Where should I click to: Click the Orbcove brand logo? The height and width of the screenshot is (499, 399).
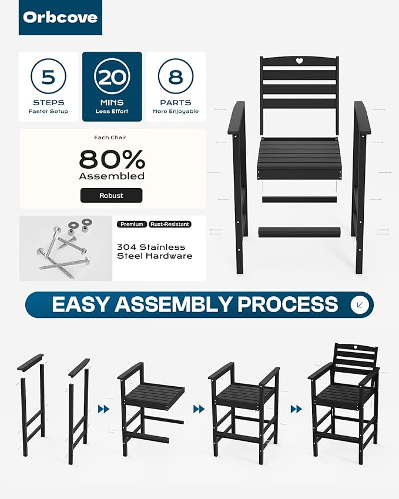coord(61,18)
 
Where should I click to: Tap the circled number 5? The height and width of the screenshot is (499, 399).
coord(48,76)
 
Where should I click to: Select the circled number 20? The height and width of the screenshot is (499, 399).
coord(112,76)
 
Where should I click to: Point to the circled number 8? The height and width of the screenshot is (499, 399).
coord(176,76)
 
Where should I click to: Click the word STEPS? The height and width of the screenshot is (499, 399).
coord(48,102)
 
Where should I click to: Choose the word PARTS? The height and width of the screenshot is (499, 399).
coord(176,102)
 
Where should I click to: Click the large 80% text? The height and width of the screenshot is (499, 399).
coord(112,159)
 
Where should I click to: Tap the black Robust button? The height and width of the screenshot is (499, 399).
coord(112,195)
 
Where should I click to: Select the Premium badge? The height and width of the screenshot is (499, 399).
coord(132,225)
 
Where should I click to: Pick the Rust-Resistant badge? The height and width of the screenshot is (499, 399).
coord(170,225)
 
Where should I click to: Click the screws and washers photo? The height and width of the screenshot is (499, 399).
coord(66,248)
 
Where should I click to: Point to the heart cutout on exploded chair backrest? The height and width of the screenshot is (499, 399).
coord(299,61)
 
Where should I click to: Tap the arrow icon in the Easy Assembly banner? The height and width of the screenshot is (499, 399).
coord(360,305)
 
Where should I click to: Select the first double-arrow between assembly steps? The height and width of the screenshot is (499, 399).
coord(103,409)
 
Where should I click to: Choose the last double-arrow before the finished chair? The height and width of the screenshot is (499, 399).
coord(296,409)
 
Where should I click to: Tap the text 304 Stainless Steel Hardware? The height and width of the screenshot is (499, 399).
coord(155,252)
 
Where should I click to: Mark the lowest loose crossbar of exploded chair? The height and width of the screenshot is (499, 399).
coord(300,232)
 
